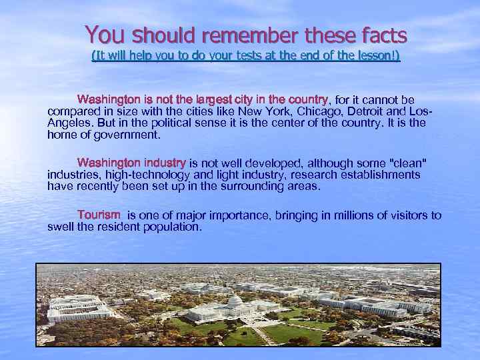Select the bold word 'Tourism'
click(99, 215)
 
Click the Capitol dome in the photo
click(235, 302)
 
